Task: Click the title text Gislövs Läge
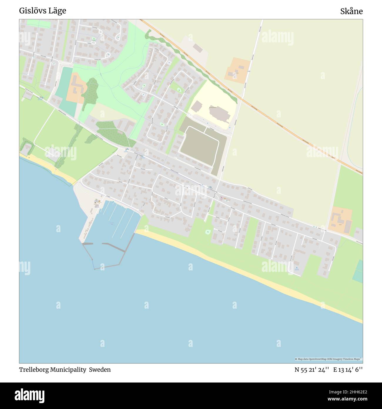[x=43, y=11]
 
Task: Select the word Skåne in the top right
[x=351, y=11]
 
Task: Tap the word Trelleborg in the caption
[x=34, y=370]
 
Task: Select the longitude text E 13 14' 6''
[x=348, y=370]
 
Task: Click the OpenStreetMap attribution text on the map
[x=319, y=359]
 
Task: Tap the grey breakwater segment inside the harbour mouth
[x=114, y=247]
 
